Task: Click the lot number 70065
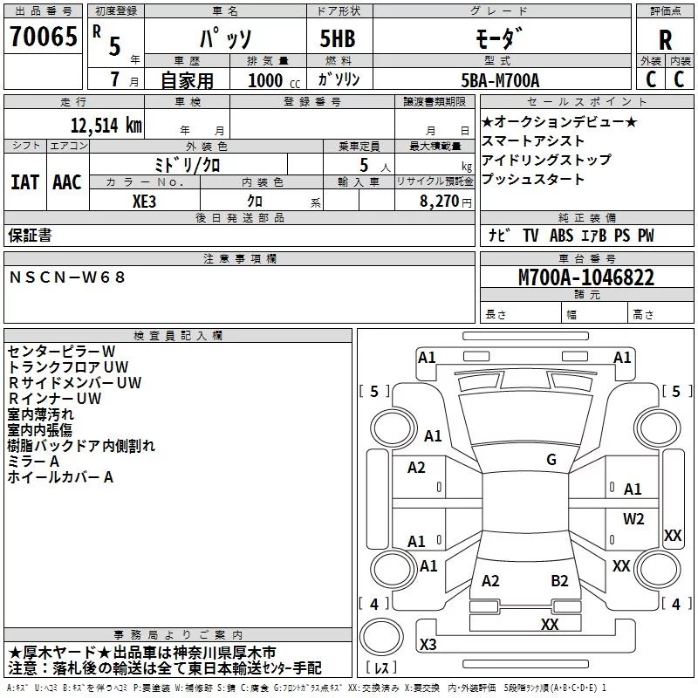pyautogui.click(x=42, y=37)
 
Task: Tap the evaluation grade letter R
pyautogui.click(x=665, y=39)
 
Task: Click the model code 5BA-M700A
pyautogui.click(x=500, y=80)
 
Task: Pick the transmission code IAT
pyautogui.click(x=24, y=182)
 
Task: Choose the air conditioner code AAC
pyautogui.click(x=66, y=182)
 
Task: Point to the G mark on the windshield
pyautogui.click(x=551, y=460)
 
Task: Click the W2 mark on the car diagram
pyautogui.click(x=633, y=519)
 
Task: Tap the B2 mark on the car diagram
pyautogui.click(x=559, y=581)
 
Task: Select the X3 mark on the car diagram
pyautogui.click(x=428, y=644)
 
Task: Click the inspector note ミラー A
pyautogui.click(x=34, y=461)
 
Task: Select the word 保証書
pyautogui.click(x=30, y=236)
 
